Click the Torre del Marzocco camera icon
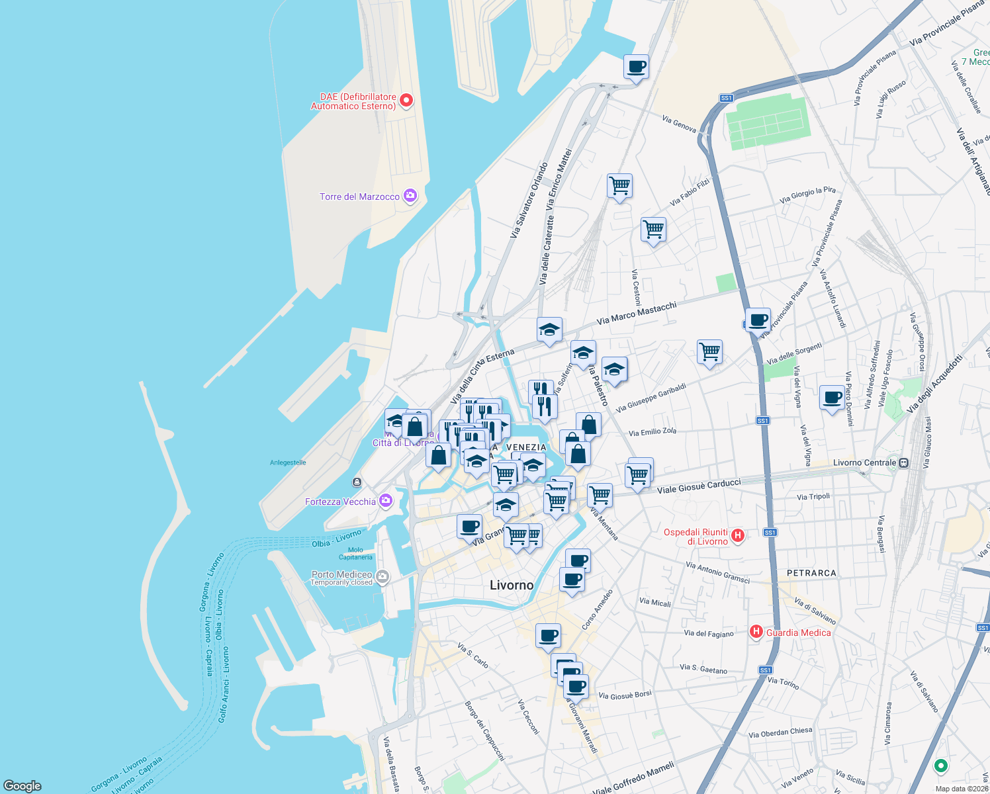pyautogui.click(x=410, y=196)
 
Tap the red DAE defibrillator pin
pyautogui.click(x=406, y=101)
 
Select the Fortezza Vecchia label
pyautogui.click(x=340, y=502)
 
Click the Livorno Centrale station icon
pyautogui.click(x=904, y=463)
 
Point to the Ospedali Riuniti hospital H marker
pyautogui.click(x=738, y=535)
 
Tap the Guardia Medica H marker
pyautogui.click(x=756, y=632)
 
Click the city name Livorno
pyautogui.click(x=511, y=585)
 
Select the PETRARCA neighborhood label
pyautogui.click(x=811, y=573)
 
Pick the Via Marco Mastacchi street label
pyautogui.click(x=637, y=313)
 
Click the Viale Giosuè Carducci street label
pyautogui.click(x=699, y=486)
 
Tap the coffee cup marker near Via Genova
pyautogui.click(x=636, y=66)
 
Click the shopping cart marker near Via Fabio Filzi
pyautogui.click(x=619, y=186)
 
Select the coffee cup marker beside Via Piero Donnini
pyautogui.click(x=832, y=398)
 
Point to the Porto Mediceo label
pyautogui.click(x=341, y=574)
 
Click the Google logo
pyautogui.click(x=22, y=785)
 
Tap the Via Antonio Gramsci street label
pyautogui.click(x=718, y=572)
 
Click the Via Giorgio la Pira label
pyautogui.click(x=807, y=195)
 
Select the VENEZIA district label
pyautogui.click(x=526, y=447)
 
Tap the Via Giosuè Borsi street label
pyautogui.click(x=625, y=695)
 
